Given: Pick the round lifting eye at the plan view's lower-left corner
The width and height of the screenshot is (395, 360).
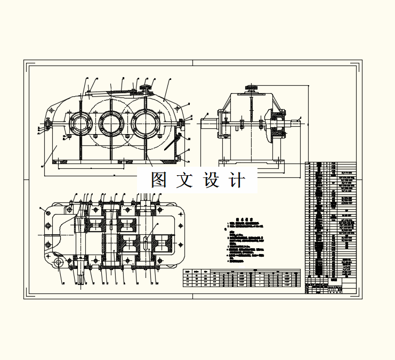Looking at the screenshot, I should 57,262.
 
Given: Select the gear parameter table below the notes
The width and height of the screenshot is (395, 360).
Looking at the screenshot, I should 241,277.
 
